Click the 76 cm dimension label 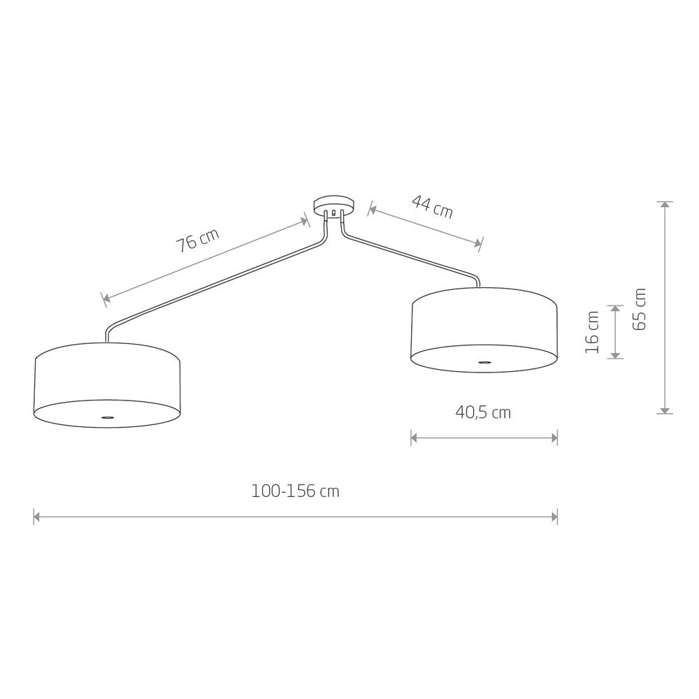198,240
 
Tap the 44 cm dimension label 432,206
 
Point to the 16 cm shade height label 592,333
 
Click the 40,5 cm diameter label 483,412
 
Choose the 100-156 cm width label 296,491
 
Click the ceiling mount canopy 334,206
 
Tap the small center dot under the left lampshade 107,417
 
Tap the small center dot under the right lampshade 484,362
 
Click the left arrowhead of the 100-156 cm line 37,517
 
